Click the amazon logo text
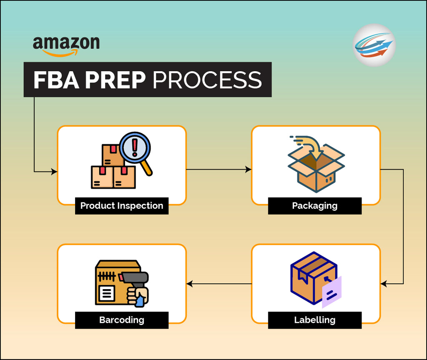pos(66,43)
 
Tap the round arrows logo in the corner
pos(374,45)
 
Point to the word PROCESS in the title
pos(207,80)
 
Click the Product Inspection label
pos(122,206)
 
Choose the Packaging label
pos(315,206)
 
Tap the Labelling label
pos(315,320)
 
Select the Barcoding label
pos(122,320)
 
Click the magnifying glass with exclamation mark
pos(136,149)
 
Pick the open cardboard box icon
pos(316,169)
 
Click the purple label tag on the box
pos(332,292)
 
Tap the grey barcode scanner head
pos(134,277)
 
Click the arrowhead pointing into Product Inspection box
pos(54,171)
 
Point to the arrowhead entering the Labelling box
pos(384,284)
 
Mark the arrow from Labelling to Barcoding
pos(219,284)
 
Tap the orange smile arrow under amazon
pos(60,53)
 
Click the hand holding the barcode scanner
pos(138,295)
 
